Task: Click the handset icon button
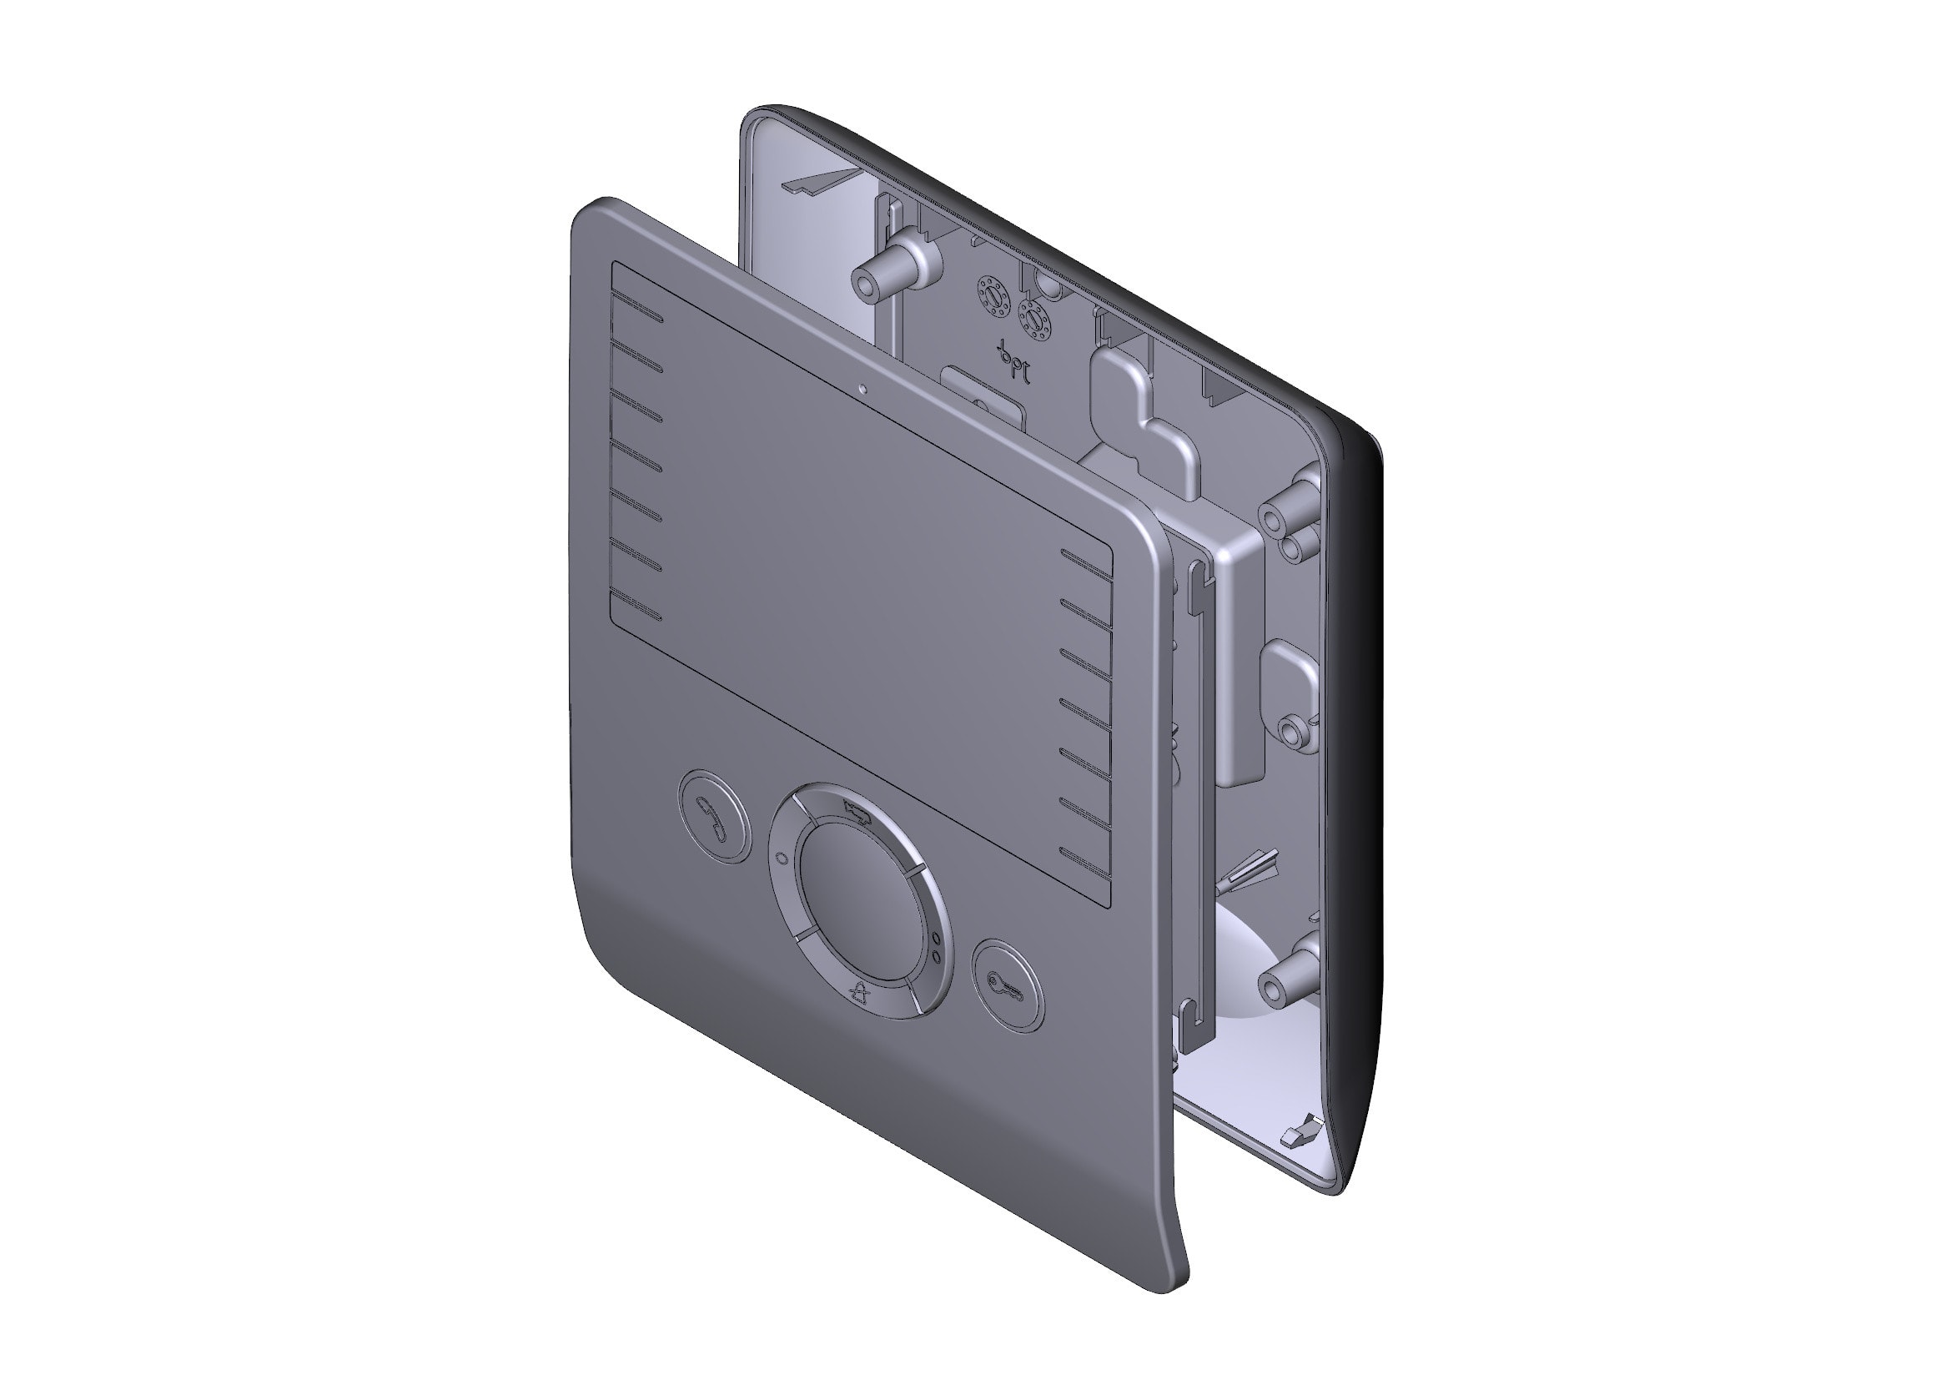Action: point(715,817)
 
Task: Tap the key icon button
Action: point(1007,985)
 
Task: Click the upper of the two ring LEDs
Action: point(937,939)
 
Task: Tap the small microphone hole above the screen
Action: point(863,390)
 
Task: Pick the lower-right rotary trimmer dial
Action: point(1033,320)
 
